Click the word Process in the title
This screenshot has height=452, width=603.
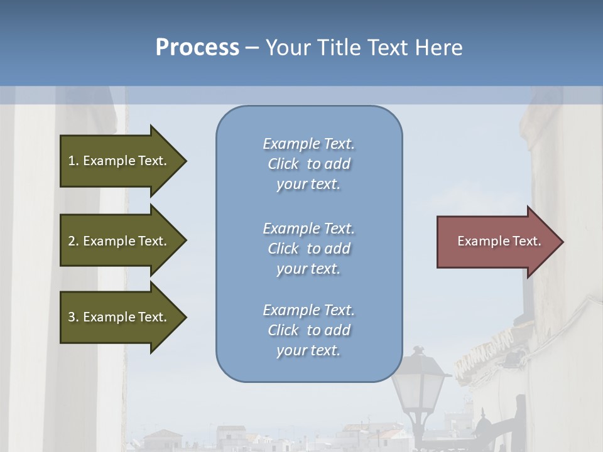(197, 48)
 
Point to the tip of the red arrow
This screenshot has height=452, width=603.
(562, 242)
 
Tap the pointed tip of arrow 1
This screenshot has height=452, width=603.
(185, 161)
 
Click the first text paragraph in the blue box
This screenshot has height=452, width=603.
(308, 164)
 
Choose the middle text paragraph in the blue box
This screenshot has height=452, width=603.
(308, 249)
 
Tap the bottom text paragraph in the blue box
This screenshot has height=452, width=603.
(308, 330)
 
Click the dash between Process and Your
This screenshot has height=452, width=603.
(252, 48)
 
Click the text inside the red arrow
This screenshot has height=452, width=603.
(499, 241)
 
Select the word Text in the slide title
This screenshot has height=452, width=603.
(388, 48)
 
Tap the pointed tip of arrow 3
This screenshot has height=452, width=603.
(185, 317)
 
